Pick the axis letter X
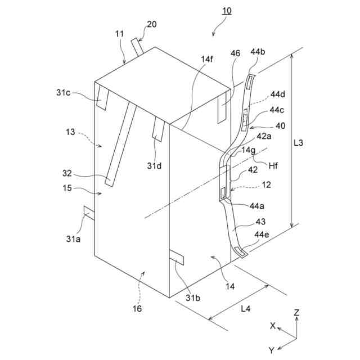[272, 326]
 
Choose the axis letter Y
[271, 350]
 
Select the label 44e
[262, 234]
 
